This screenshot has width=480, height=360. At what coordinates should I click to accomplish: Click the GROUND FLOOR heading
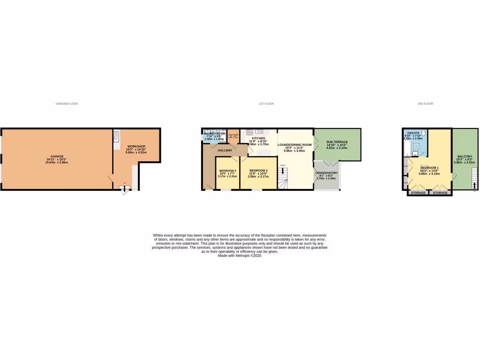(x=67, y=104)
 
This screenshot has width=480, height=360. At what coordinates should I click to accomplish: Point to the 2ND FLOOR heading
(x=426, y=104)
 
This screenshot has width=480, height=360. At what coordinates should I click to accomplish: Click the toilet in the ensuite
(x=423, y=132)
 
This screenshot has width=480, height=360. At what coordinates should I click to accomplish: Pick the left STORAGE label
(x=418, y=193)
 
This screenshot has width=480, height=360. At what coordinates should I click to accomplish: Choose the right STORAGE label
(x=440, y=193)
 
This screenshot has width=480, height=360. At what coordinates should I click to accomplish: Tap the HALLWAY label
(x=225, y=150)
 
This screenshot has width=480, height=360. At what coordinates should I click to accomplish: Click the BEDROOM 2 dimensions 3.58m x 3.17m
(x=258, y=176)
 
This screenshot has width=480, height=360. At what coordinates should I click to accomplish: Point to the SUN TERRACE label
(x=337, y=142)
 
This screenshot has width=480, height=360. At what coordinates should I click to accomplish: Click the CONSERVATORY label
(x=326, y=173)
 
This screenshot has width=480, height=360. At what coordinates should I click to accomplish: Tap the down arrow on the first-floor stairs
(x=283, y=171)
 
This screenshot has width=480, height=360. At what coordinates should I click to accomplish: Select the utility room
(x=233, y=135)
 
